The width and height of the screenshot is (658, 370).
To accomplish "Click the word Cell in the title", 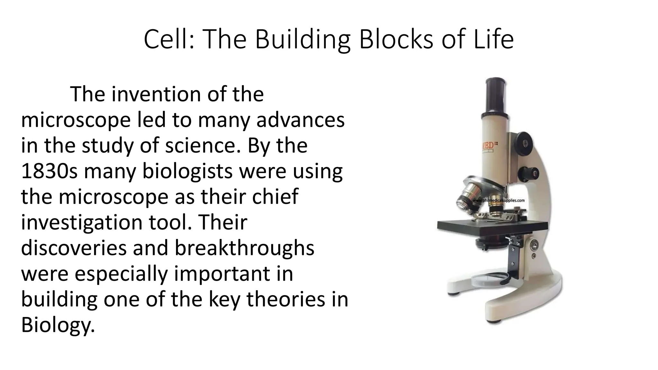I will click(165, 39).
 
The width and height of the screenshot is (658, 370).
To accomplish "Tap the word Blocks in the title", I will click(396, 39).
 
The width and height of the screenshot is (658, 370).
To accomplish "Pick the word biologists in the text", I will click(187, 172).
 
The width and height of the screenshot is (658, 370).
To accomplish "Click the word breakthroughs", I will click(244, 249).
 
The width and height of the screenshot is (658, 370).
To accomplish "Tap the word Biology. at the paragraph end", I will click(58, 326).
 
